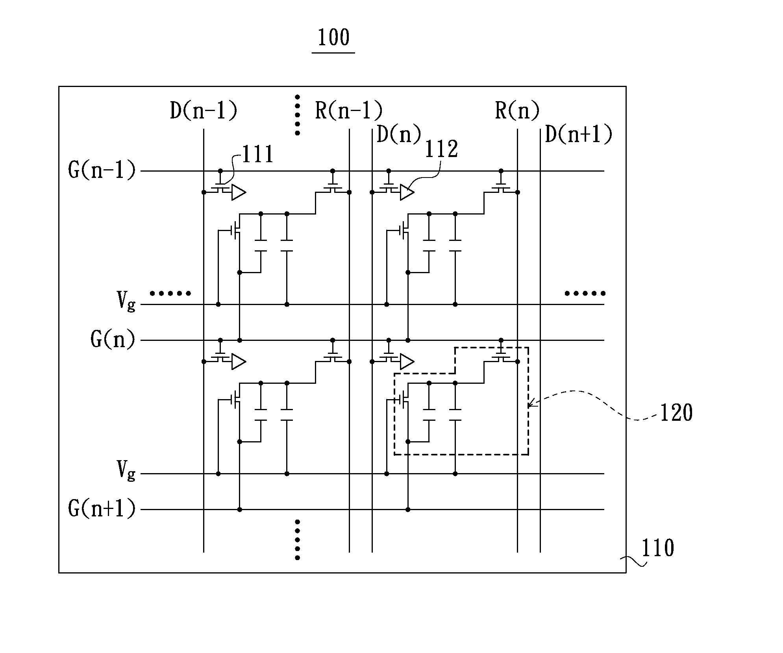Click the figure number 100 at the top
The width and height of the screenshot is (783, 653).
[x=333, y=38]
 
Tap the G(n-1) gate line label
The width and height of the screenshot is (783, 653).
[x=102, y=170]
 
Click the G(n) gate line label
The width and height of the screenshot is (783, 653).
[x=113, y=339]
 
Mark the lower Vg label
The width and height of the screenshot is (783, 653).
[x=126, y=471]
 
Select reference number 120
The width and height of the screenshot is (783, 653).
[x=676, y=413]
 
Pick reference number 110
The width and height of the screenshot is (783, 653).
[x=658, y=548]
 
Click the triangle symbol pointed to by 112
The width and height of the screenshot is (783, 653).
[x=407, y=192]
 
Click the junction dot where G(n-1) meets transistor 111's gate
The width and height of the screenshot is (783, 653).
[x=220, y=171]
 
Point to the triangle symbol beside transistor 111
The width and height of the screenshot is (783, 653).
[x=239, y=192]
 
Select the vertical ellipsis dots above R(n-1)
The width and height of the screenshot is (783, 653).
[x=297, y=115]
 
